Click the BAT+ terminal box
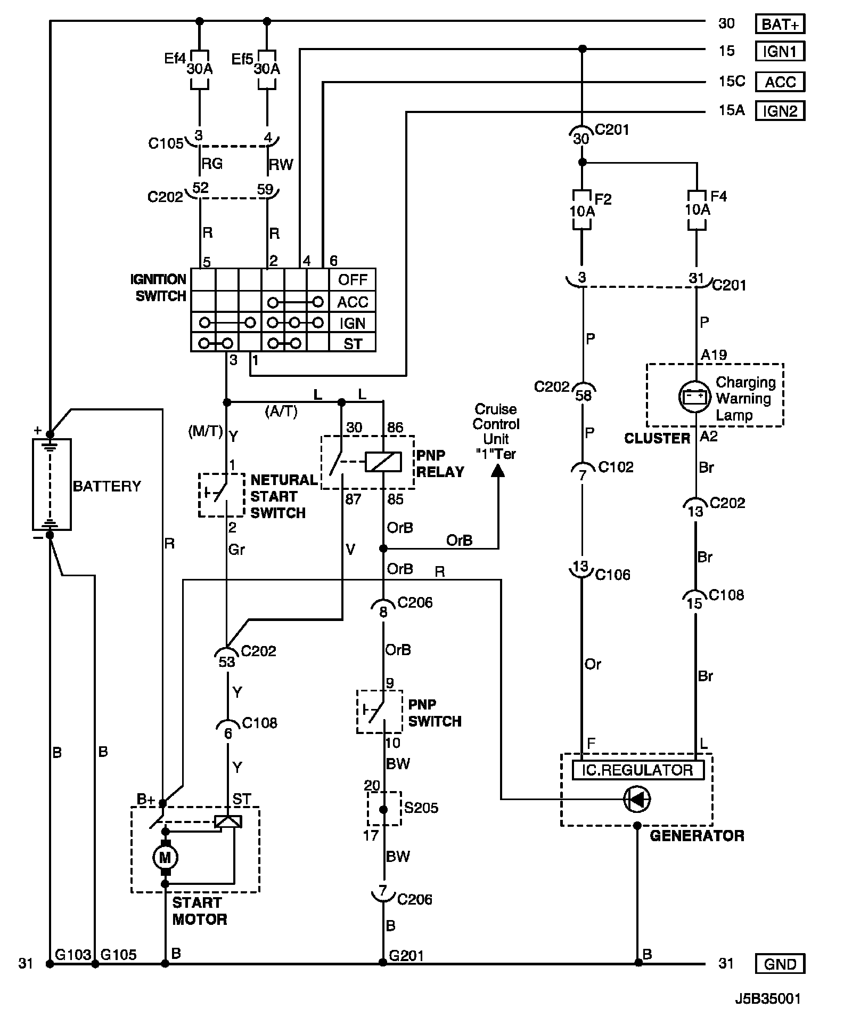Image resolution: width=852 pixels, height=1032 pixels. coord(780,24)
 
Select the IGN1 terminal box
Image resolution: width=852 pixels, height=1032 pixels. coord(780,52)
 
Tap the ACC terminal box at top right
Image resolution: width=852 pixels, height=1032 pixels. coord(780,82)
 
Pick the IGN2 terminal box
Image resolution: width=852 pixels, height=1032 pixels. coord(780,111)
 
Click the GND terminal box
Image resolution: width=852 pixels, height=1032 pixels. coord(780,964)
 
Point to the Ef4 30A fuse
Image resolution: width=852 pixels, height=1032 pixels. coord(200,69)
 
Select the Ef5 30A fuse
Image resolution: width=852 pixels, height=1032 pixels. coord(267,69)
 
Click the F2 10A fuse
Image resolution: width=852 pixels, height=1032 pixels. coord(581,210)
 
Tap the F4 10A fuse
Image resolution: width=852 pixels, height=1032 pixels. coord(697,210)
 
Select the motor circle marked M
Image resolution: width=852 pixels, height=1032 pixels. coord(165,858)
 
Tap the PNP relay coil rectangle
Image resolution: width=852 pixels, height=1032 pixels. coord(383,462)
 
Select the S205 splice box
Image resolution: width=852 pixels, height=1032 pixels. coord(383,809)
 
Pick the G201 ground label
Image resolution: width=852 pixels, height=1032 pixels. coord(406,955)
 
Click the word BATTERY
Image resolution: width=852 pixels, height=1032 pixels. coord(106,486)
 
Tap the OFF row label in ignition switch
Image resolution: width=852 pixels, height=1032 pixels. coord(353,280)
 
